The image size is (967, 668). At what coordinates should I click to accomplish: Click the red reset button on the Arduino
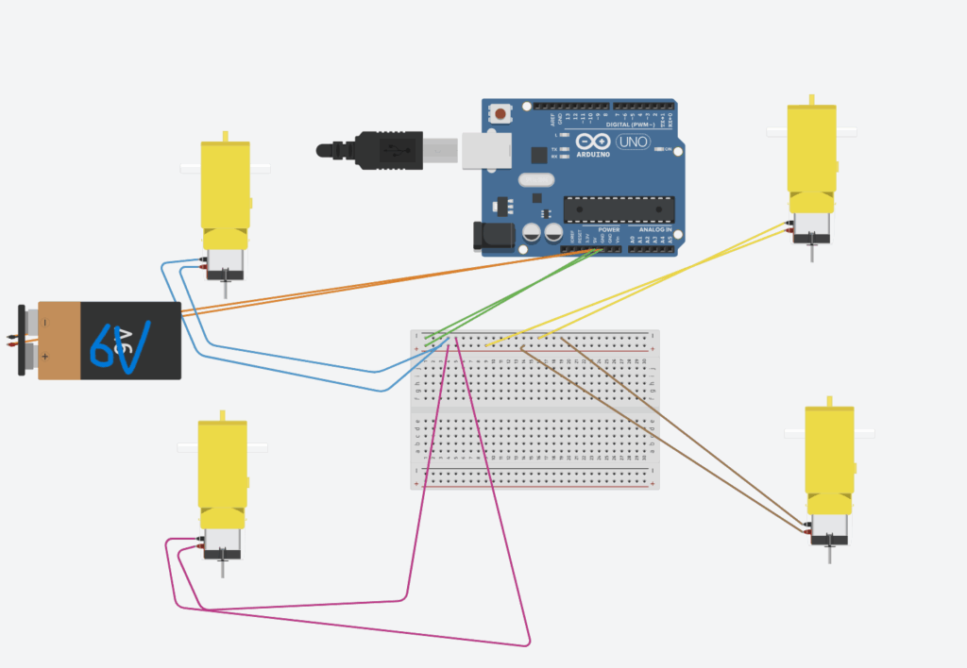click(500, 114)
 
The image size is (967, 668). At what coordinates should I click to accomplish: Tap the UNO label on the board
click(632, 142)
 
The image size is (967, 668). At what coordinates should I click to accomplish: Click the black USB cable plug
click(387, 149)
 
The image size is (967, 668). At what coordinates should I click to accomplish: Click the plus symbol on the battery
click(44, 356)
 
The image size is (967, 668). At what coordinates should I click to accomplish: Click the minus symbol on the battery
click(44, 323)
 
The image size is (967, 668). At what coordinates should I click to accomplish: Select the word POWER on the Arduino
click(609, 229)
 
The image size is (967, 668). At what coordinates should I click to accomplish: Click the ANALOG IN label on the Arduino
click(655, 229)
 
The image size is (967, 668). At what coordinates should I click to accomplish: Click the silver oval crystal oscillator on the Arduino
click(534, 179)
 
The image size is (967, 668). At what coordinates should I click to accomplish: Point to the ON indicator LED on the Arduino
click(668, 149)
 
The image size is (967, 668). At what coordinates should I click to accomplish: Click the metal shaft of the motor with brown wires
click(830, 552)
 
